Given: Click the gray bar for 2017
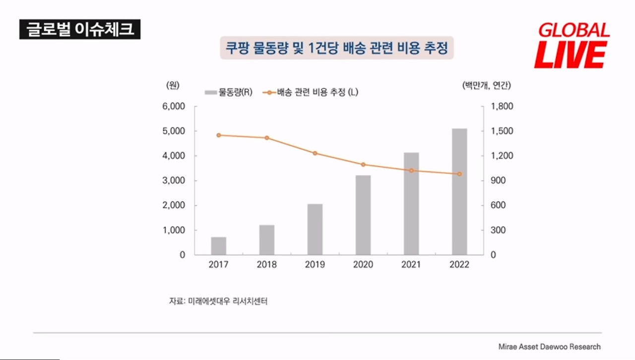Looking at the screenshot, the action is pos(219,246).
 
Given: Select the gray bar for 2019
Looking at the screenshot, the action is pos(315,229).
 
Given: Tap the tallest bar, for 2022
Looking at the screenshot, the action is pos(459,191).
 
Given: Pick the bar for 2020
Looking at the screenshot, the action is pos(363,215).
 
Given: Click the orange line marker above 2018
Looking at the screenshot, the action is pos(267,138).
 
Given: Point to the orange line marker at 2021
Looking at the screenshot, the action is pos(411,171).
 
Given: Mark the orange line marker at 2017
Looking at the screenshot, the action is pos(219,135).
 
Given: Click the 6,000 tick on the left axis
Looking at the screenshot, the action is pos(174,106).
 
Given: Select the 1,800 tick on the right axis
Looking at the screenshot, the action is pos(502,106).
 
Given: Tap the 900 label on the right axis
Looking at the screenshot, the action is pos(498,180).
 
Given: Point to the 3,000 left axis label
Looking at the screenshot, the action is pos(174,180).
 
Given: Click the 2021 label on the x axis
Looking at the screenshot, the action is pos(411,264).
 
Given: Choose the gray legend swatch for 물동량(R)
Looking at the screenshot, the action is pos(211,92).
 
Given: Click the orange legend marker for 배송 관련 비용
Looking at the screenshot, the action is pos(269,92).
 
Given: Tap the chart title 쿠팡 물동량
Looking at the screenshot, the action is pos(337,48).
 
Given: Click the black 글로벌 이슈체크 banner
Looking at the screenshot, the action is pos(80,29).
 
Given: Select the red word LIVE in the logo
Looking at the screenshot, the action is pos(571,55).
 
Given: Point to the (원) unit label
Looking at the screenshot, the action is pos(173,85).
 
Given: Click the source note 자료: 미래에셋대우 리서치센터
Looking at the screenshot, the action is pos(218,301).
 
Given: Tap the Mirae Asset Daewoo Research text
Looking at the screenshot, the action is pos(549,347).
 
